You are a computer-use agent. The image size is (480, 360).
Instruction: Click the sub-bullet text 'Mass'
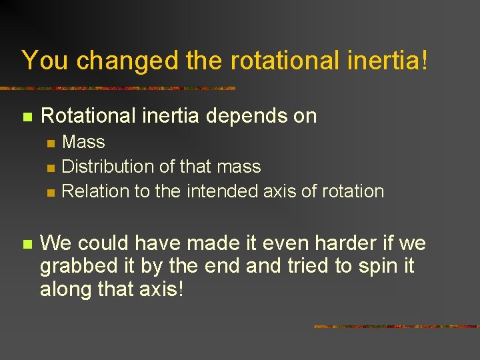(83, 142)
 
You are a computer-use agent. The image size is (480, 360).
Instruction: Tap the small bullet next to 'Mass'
(51, 143)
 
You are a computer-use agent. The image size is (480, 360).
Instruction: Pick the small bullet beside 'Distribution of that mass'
(51, 167)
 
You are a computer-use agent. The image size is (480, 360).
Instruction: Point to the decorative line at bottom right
(396, 327)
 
